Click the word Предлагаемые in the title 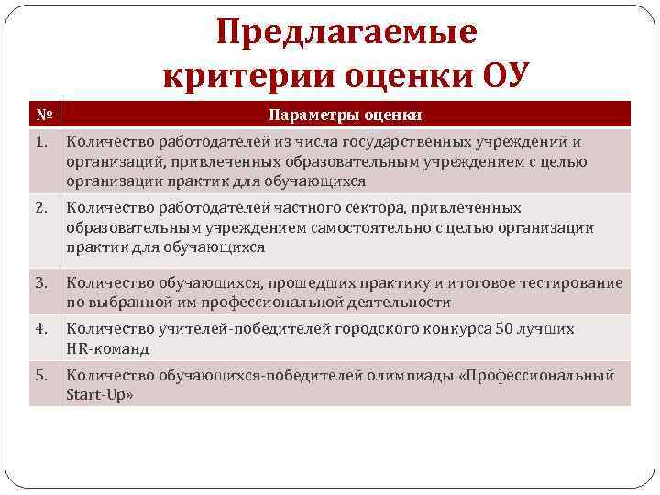[x=346, y=33]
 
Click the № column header [x=44, y=115]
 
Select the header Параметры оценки [x=346, y=115]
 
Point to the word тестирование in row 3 [x=574, y=283]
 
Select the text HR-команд [x=108, y=348]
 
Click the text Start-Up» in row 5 [x=100, y=395]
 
